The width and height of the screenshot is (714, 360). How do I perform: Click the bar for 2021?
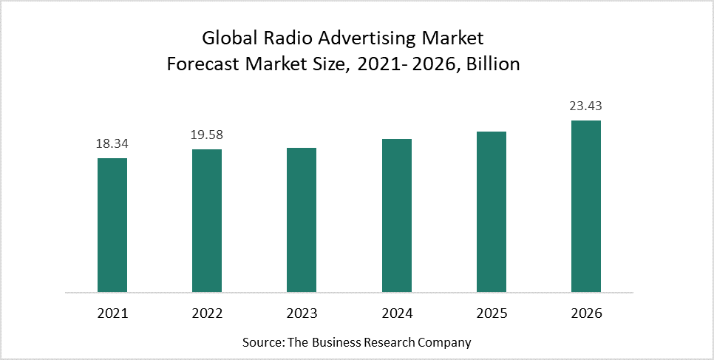coord(112,225)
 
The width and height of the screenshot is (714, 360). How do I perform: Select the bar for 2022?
coord(207,220)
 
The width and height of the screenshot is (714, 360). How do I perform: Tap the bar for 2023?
coord(302,220)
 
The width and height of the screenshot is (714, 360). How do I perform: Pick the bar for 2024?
coord(397,215)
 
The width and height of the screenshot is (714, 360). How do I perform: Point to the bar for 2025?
coord(492,211)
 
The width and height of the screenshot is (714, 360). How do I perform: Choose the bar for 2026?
coord(586,206)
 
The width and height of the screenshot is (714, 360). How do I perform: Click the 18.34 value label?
coord(112,144)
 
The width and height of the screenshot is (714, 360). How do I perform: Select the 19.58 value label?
coord(207,135)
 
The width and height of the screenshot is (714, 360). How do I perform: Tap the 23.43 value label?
coord(586,106)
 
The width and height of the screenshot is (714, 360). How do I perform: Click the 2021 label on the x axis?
coord(112,313)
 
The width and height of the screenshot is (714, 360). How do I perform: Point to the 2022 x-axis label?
coord(207,313)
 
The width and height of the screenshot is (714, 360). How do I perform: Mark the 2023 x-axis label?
coord(302,313)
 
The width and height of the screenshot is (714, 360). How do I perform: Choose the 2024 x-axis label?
coord(397,313)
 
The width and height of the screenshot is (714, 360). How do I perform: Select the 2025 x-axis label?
coord(492,313)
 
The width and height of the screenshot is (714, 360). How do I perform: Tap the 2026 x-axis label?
coord(586,313)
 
